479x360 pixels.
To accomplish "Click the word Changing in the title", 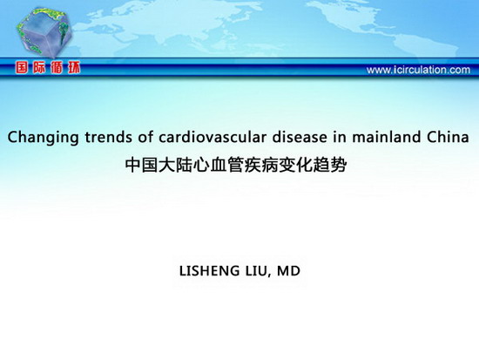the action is click(43, 138).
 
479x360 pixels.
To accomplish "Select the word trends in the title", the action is click(109, 137).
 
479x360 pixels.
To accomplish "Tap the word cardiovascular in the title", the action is click(213, 137).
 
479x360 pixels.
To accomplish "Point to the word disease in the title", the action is click(300, 137).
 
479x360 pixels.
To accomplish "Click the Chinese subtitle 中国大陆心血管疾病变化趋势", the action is click(236, 165).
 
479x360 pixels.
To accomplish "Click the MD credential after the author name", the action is click(288, 271).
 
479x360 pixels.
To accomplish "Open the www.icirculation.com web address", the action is click(418, 70).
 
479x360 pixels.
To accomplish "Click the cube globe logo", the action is click(44, 33).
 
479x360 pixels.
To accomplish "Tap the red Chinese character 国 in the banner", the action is click(22, 67).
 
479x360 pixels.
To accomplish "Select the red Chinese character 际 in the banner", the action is click(39, 67).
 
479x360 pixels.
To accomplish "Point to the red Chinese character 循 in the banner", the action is click(57, 67).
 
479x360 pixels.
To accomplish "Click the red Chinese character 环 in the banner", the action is click(74, 67).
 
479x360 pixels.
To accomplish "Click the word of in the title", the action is click(145, 137).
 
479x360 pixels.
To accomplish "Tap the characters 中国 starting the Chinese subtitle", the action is click(141, 165).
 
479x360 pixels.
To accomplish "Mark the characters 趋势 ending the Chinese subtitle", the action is click(331, 165).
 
